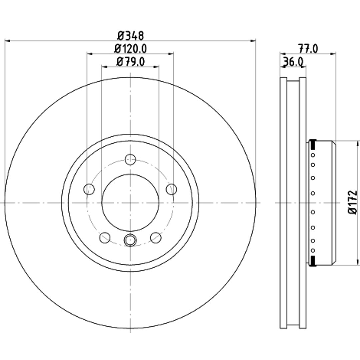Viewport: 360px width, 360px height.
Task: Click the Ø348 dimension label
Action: click(131, 36)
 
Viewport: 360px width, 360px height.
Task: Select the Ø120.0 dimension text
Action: click(130, 48)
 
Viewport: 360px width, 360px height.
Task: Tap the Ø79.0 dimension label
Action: click(131, 62)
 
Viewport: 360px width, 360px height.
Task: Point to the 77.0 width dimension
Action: click(308, 48)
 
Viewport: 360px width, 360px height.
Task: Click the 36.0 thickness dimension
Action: click(293, 62)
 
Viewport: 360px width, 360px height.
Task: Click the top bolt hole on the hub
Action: click(130, 159)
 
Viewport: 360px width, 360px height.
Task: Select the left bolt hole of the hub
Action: click(89, 189)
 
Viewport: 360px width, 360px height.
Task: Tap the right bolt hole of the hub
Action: click(172, 189)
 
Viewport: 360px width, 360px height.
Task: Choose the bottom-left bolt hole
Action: click(105, 238)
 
